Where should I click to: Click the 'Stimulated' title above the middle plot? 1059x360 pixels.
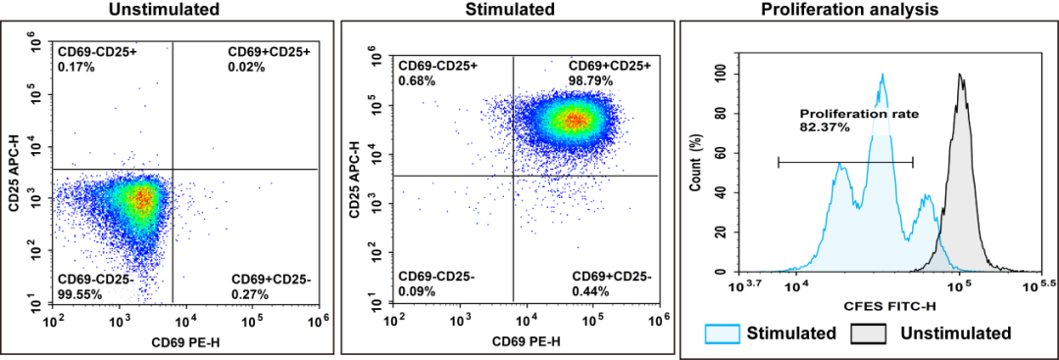pos(523,10)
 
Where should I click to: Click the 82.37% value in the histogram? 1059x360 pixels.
pos(825,127)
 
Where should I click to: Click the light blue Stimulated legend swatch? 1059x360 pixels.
pos(723,334)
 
